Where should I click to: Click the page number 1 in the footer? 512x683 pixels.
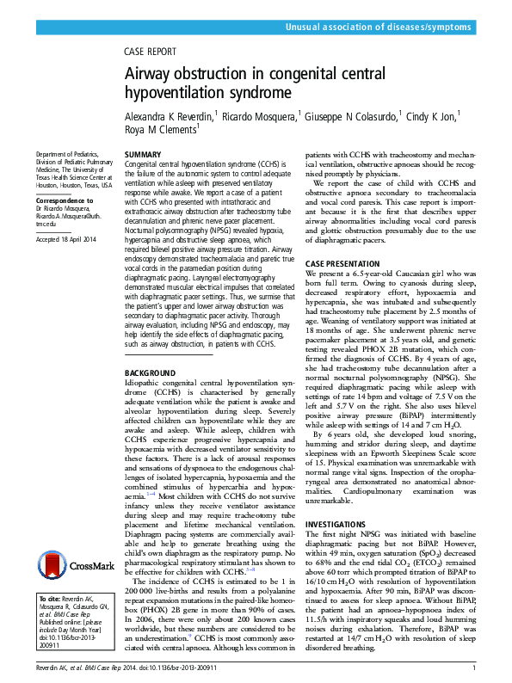tap(473, 667)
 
